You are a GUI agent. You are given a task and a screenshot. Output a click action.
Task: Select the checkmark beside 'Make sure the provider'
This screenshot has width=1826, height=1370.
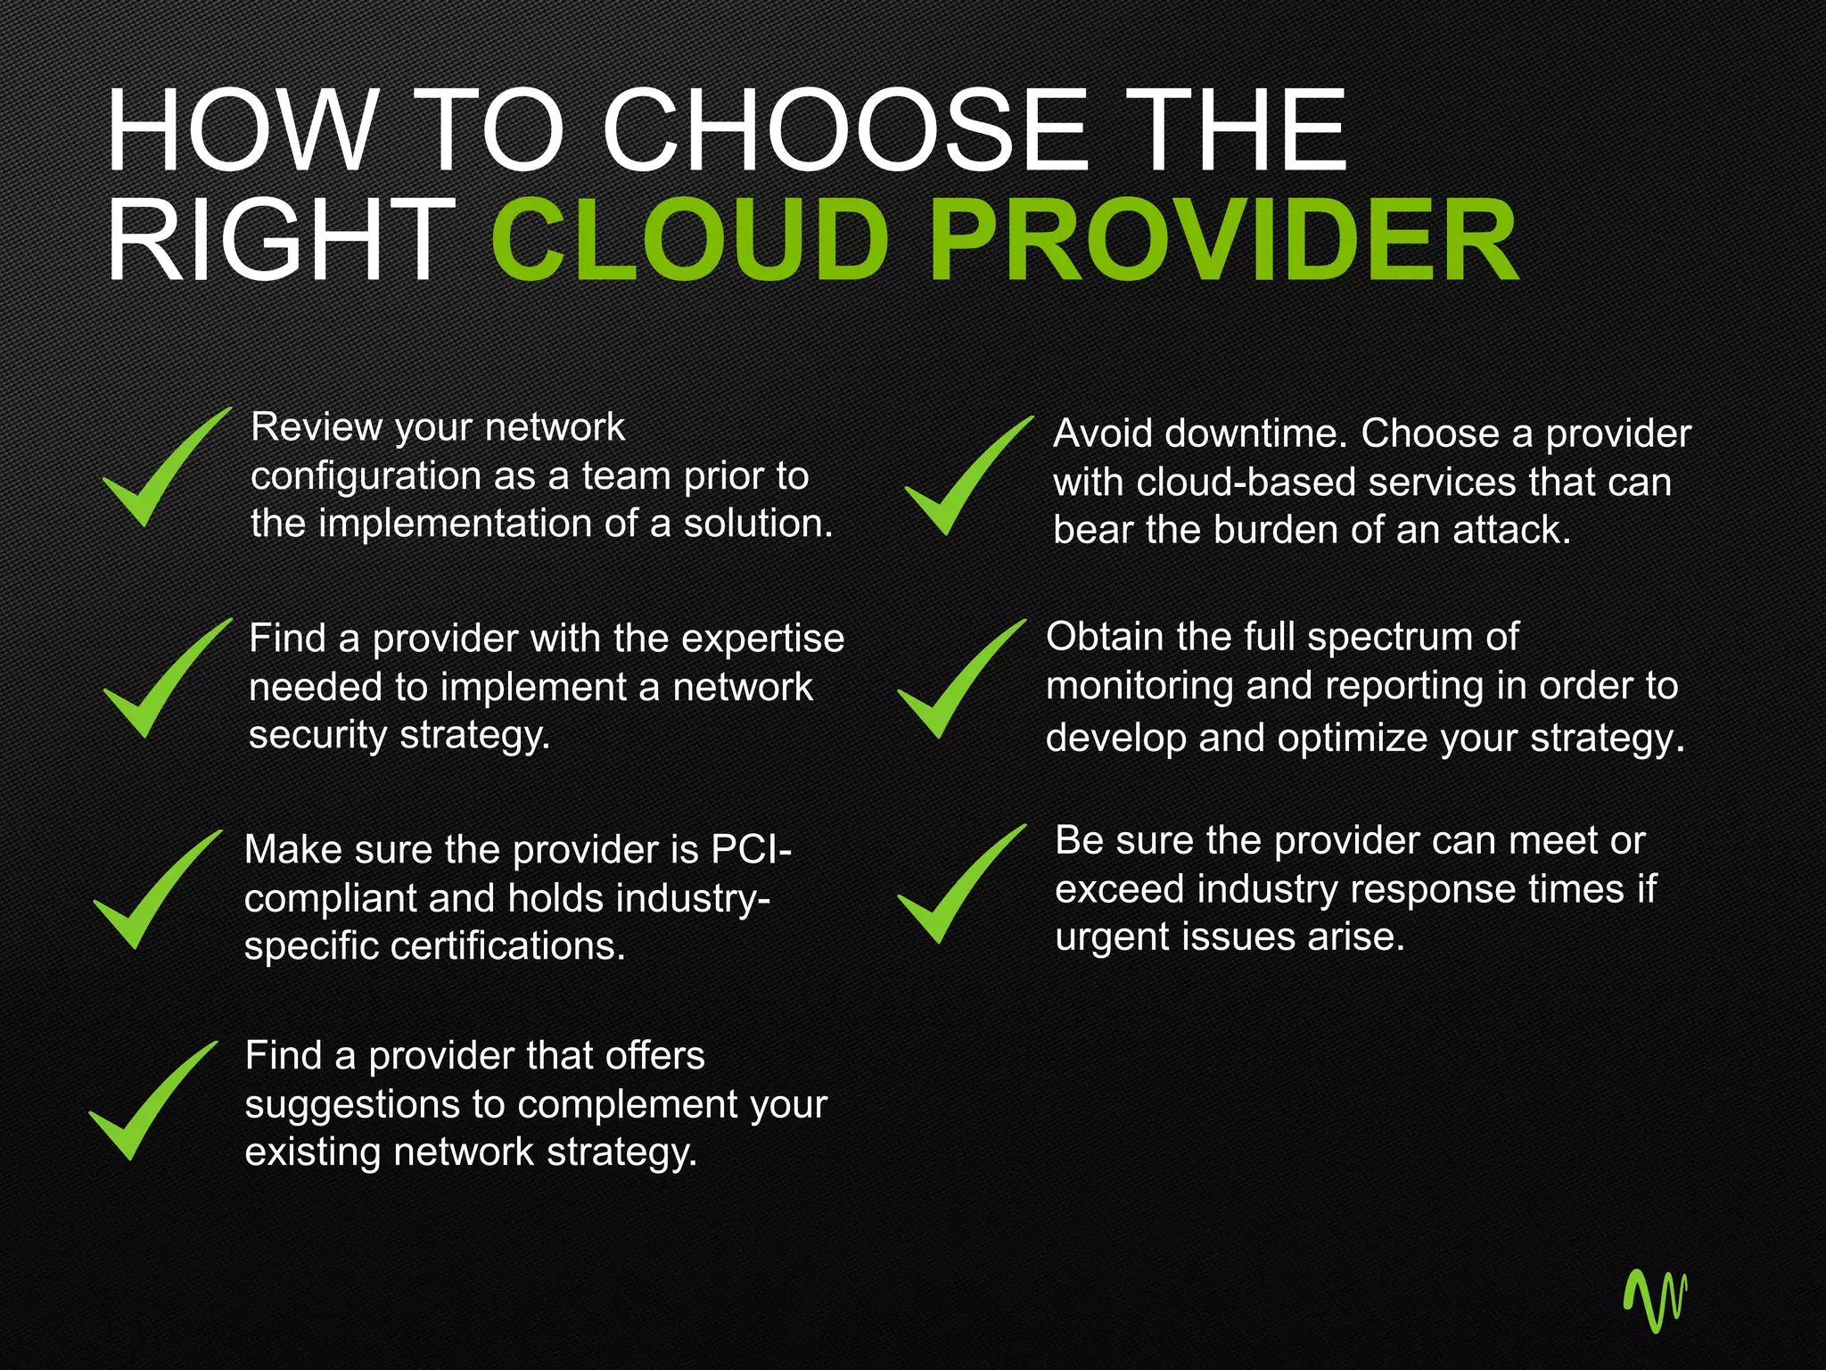click(152, 892)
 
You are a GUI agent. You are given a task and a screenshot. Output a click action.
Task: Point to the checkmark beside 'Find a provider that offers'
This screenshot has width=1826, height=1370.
click(148, 1102)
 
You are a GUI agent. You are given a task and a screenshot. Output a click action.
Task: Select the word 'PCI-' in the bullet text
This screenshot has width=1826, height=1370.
click(751, 849)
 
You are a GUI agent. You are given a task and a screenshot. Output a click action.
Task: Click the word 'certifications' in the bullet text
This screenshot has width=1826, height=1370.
click(509, 946)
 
